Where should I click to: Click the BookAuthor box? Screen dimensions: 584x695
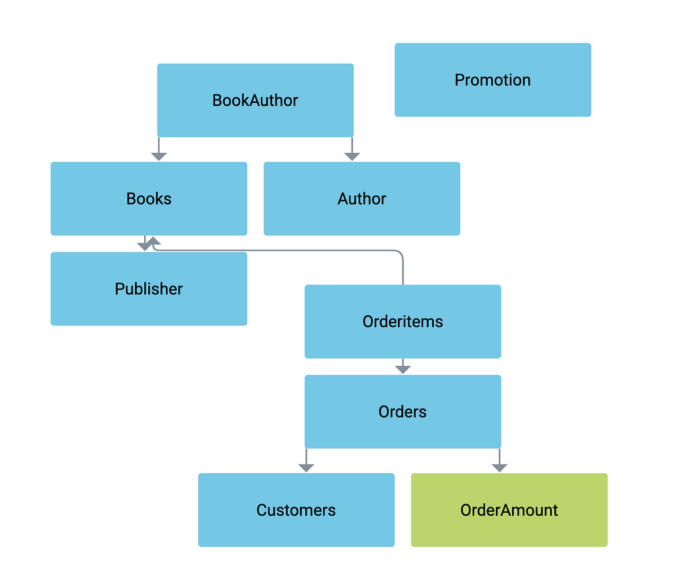pos(255,100)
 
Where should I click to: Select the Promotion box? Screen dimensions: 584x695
pos(493,80)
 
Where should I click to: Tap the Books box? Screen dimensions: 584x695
pos(149,199)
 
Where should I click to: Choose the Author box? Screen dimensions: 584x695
pos(362,199)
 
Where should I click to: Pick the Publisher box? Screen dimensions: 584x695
pos(149,289)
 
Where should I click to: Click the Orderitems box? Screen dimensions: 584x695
pos(403,322)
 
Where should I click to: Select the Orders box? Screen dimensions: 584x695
pos(403,412)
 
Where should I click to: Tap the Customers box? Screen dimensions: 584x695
pos(296,510)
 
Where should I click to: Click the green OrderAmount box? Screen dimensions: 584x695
pos(509,510)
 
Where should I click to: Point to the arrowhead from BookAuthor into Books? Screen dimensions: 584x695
pos(159,156)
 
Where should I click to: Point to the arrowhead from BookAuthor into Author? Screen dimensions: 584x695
pos(352,156)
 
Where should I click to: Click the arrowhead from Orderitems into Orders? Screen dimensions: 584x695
pos(403,369)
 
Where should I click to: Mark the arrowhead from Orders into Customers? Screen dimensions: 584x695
pos(306,468)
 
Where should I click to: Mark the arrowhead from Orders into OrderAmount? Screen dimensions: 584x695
pos(499,468)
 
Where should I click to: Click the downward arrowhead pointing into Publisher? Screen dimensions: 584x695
pos(144,247)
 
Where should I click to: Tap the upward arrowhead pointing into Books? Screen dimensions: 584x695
pos(153,240)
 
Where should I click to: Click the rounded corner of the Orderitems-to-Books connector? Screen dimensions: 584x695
pos(399,254)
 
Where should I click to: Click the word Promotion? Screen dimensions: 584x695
pos(493,80)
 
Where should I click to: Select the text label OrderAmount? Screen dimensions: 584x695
pos(509,510)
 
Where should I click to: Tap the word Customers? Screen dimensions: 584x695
pos(296,510)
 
